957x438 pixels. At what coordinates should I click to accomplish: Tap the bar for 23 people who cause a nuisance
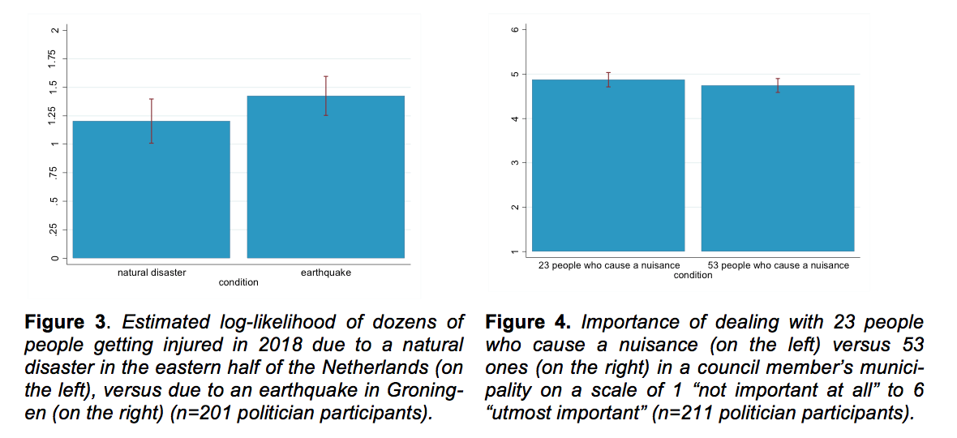tap(608, 165)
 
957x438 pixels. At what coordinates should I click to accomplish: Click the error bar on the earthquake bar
tap(325, 96)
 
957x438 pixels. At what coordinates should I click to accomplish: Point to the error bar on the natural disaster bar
tap(152, 121)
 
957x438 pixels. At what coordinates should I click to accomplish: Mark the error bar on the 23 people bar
tap(608, 79)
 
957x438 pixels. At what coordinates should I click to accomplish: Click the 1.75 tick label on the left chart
tap(53, 58)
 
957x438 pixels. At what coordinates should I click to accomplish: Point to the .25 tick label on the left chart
tap(53, 230)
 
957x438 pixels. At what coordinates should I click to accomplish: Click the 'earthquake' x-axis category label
tap(325, 273)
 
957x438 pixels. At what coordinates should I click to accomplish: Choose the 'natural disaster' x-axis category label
tap(152, 273)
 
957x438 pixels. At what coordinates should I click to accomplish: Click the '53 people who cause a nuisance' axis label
tap(778, 265)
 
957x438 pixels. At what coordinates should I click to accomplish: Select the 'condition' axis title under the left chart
tap(238, 282)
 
